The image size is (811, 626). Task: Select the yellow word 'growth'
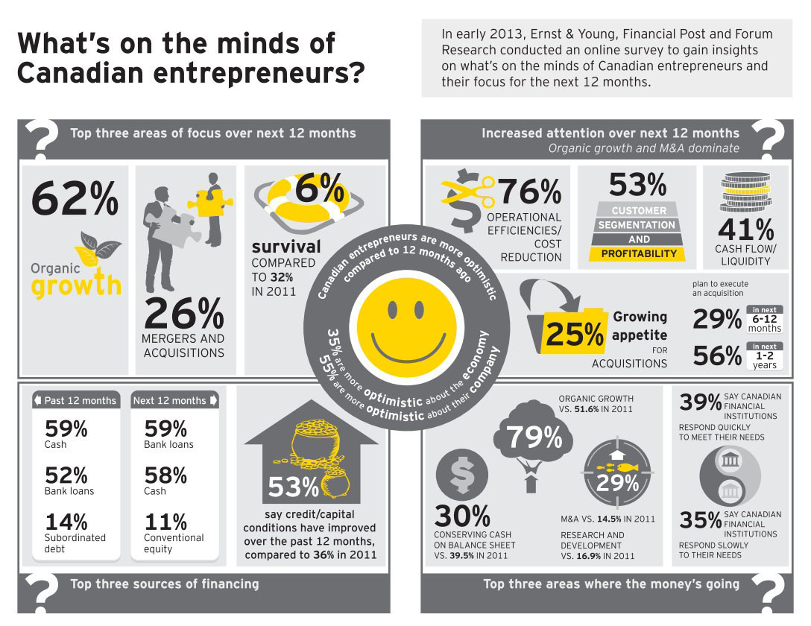(x=76, y=285)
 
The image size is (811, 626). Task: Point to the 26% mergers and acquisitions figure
(x=183, y=314)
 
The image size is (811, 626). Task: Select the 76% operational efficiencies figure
(x=529, y=192)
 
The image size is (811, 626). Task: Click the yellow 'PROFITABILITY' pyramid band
(x=639, y=253)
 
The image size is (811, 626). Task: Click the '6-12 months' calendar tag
(x=764, y=319)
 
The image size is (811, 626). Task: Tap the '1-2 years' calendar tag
(x=764, y=356)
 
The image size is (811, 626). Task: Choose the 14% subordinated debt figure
(x=66, y=522)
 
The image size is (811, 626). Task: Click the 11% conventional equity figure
(x=165, y=522)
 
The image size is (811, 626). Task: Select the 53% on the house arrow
(x=294, y=487)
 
